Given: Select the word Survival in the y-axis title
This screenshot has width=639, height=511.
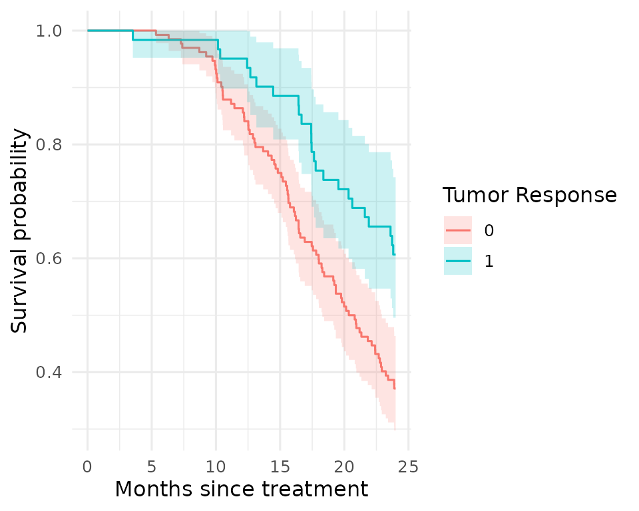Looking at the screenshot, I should pos(20,292).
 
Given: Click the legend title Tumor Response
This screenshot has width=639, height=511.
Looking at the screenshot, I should pos(529,195).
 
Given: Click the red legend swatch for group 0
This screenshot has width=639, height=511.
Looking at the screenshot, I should pos(458,230).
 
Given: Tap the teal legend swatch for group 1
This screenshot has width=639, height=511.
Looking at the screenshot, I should pos(458,261).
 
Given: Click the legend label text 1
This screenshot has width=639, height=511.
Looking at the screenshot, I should pos(489,261).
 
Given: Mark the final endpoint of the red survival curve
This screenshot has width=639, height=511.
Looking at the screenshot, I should pos(395,389).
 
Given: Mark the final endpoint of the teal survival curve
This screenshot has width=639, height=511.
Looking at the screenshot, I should pos(395,255).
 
